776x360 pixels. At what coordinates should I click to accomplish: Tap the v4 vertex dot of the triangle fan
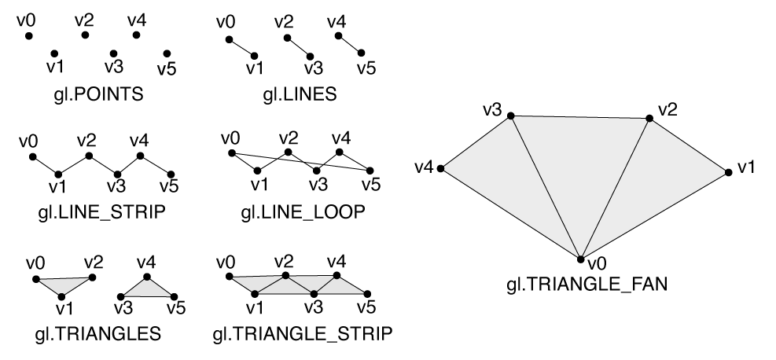point(442,168)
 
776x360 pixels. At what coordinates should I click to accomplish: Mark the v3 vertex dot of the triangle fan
point(510,116)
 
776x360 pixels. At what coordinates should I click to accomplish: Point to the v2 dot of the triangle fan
point(649,118)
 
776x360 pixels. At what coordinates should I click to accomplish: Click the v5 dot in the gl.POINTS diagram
point(167,53)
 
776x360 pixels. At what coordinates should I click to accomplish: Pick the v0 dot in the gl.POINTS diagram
point(28,36)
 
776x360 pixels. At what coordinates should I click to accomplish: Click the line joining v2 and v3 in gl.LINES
point(299,46)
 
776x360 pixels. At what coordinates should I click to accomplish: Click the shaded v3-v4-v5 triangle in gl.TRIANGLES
point(147,288)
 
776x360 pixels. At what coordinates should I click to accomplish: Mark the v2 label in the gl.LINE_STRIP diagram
point(86,141)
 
